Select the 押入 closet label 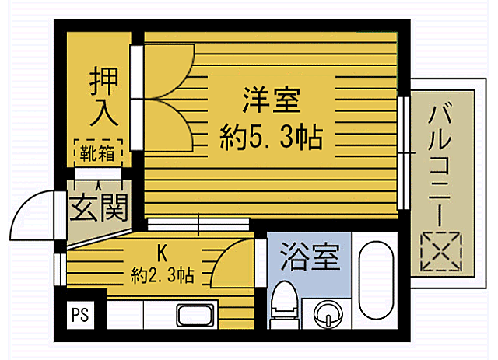pyautogui.click(x=103, y=96)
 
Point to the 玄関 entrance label pyautogui.click(x=98, y=208)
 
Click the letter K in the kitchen pyautogui.click(x=162, y=253)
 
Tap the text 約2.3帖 pyautogui.click(x=162, y=274)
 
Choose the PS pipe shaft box pyautogui.click(x=79, y=316)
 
